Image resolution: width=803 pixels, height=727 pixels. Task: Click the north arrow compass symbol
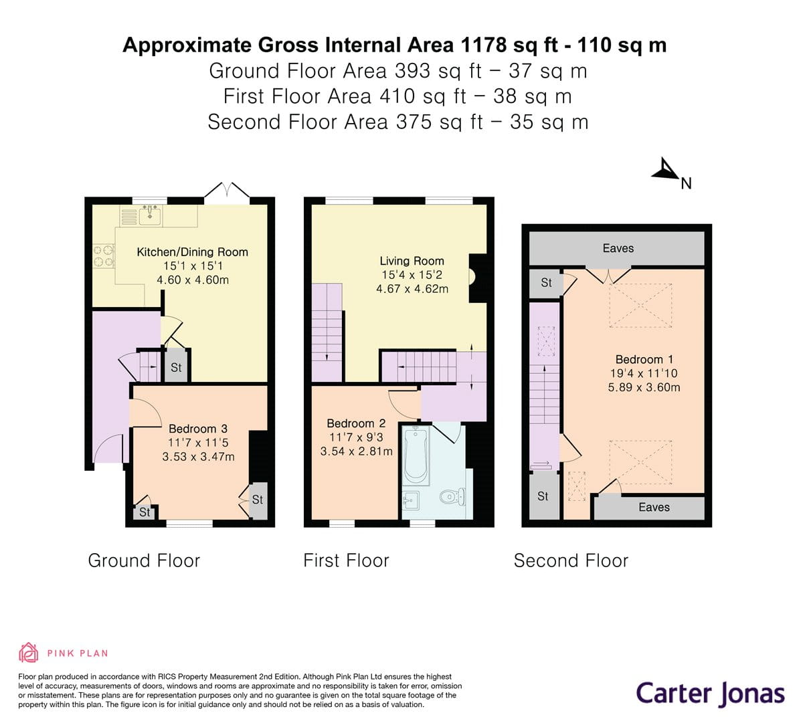tap(666, 171)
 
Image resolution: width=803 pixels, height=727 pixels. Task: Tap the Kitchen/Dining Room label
tap(192, 252)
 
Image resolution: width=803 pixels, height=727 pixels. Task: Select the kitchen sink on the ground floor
tap(150, 215)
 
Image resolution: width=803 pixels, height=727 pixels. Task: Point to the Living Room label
tap(412, 261)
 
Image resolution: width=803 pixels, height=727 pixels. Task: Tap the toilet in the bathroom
tap(453, 497)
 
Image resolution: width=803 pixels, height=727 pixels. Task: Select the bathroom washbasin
tap(411, 499)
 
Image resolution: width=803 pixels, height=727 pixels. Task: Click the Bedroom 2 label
tap(356, 423)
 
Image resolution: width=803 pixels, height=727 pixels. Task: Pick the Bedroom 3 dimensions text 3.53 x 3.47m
tap(198, 457)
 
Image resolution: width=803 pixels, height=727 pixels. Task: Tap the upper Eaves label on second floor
tap(618, 248)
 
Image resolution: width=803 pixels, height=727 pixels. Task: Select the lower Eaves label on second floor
tap(654, 507)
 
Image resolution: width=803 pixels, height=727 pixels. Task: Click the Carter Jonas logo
tap(710, 693)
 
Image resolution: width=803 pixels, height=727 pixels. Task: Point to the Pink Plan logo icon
tap(28, 652)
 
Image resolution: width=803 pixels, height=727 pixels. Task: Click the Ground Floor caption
tap(144, 560)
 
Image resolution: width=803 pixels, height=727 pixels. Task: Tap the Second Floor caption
tap(571, 560)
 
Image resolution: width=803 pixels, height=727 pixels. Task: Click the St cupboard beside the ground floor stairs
tap(176, 367)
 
